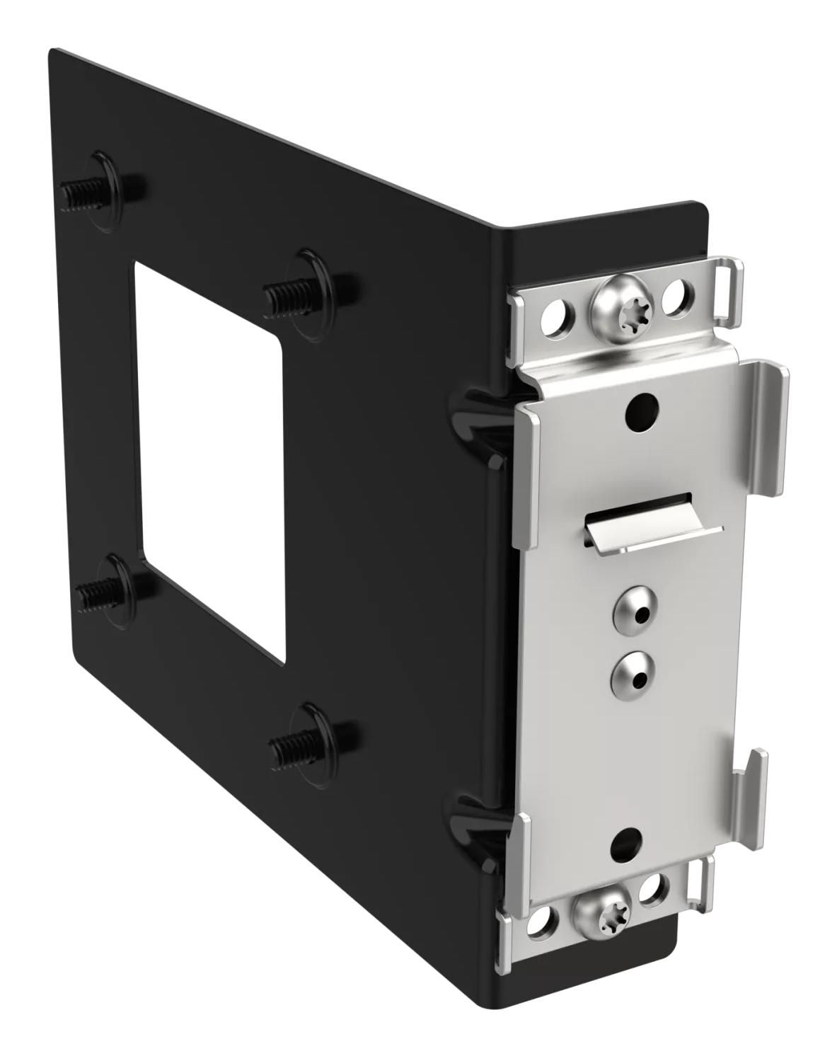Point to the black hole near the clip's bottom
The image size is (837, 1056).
(625, 842)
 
